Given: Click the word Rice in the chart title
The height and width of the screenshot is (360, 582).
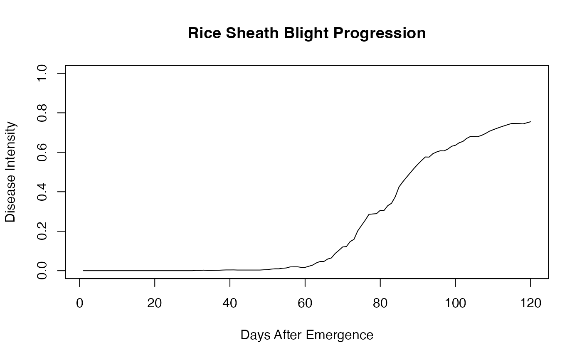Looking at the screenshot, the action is (x=204, y=33).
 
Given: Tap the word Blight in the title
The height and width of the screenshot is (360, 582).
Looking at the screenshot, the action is (x=306, y=34).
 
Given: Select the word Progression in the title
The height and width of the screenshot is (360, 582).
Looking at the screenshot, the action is (x=380, y=34).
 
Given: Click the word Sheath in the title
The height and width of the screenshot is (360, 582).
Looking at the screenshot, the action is (x=252, y=33).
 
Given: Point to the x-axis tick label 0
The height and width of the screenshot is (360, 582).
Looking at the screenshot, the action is (x=79, y=303).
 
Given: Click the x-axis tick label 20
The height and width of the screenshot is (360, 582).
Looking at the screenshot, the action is (x=155, y=303).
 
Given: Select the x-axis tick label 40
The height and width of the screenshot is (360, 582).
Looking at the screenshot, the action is (x=229, y=303).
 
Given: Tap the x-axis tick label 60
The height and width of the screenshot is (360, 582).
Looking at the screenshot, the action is (x=305, y=303).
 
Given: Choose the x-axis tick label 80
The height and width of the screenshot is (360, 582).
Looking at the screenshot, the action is (x=380, y=303).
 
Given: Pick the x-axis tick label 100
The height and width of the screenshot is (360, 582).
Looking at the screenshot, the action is (x=456, y=303).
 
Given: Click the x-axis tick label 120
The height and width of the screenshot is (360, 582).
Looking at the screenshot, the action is (x=530, y=303).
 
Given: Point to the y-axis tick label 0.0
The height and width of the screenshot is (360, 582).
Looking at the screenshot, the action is (x=42, y=271).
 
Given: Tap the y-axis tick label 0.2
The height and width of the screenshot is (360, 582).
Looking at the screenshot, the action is (x=42, y=231).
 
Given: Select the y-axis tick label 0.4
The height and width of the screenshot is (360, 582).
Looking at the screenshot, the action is (x=42, y=192).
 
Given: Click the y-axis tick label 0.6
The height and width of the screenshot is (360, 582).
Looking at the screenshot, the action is (x=42, y=152).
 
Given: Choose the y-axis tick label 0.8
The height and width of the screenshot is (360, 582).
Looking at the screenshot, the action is (x=42, y=113).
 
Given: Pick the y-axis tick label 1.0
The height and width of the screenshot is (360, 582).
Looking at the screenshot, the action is (x=42, y=74).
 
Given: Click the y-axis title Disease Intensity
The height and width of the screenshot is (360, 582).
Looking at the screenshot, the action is (x=10, y=172).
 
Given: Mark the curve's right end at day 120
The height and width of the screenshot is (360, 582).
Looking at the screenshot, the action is (x=530, y=121).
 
